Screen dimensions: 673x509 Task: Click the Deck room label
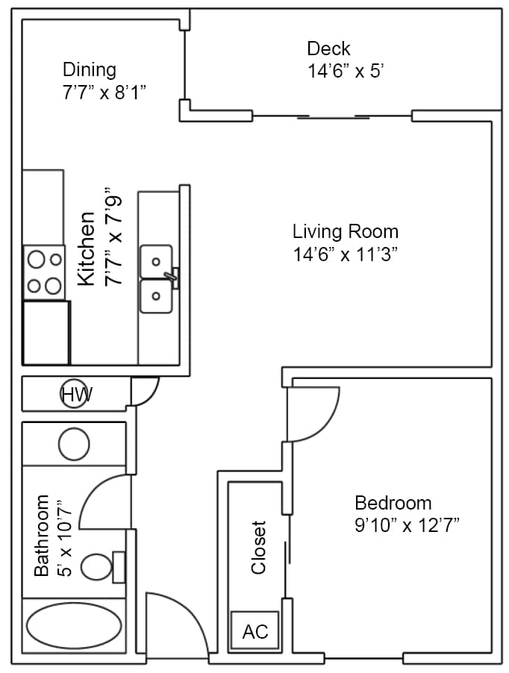328,49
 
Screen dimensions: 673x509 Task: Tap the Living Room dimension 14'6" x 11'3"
344,254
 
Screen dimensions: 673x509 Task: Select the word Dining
90,70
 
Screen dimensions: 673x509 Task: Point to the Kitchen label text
87,248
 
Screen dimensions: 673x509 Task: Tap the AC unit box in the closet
254,631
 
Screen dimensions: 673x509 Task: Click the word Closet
259,547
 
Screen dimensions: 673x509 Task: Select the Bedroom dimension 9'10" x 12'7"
407,525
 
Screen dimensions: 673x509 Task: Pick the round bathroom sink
75,445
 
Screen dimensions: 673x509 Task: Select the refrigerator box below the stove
46,332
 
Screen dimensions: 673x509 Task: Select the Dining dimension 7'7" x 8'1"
104,93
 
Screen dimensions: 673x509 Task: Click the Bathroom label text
42,535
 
